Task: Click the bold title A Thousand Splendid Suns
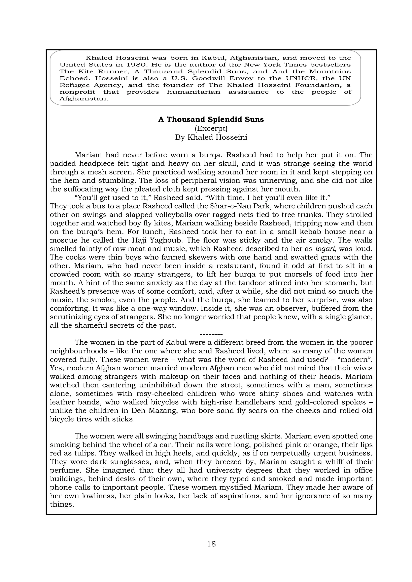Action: tap(211, 119)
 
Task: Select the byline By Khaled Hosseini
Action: tap(211, 137)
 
